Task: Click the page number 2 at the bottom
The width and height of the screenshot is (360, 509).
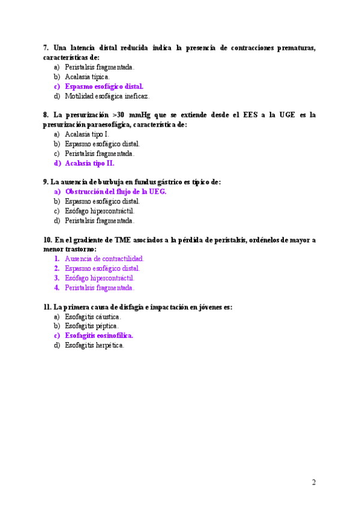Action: click(x=314, y=482)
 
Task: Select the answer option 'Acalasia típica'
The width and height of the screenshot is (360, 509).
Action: click(x=87, y=77)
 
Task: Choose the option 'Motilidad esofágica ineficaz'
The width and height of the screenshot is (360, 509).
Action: click(x=107, y=96)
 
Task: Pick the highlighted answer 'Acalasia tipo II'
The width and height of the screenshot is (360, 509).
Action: click(x=89, y=163)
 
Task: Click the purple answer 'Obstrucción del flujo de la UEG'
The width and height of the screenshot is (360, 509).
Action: click(x=115, y=191)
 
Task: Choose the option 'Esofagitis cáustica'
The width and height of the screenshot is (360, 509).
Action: click(x=93, y=316)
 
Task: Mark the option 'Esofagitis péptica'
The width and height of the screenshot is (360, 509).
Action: click(x=91, y=326)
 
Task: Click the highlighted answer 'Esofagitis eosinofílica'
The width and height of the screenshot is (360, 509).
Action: click(x=99, y=336)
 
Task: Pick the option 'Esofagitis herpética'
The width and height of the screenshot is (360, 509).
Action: click(x=94, y=345)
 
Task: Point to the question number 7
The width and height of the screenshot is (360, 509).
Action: click(x=46, y=47)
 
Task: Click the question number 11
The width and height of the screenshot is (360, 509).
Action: click(x=47, y=307)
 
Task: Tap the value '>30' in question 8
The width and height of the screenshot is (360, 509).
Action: click(x=118, y=115)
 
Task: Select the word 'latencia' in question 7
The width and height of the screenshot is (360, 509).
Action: click(x=87, y=47)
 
